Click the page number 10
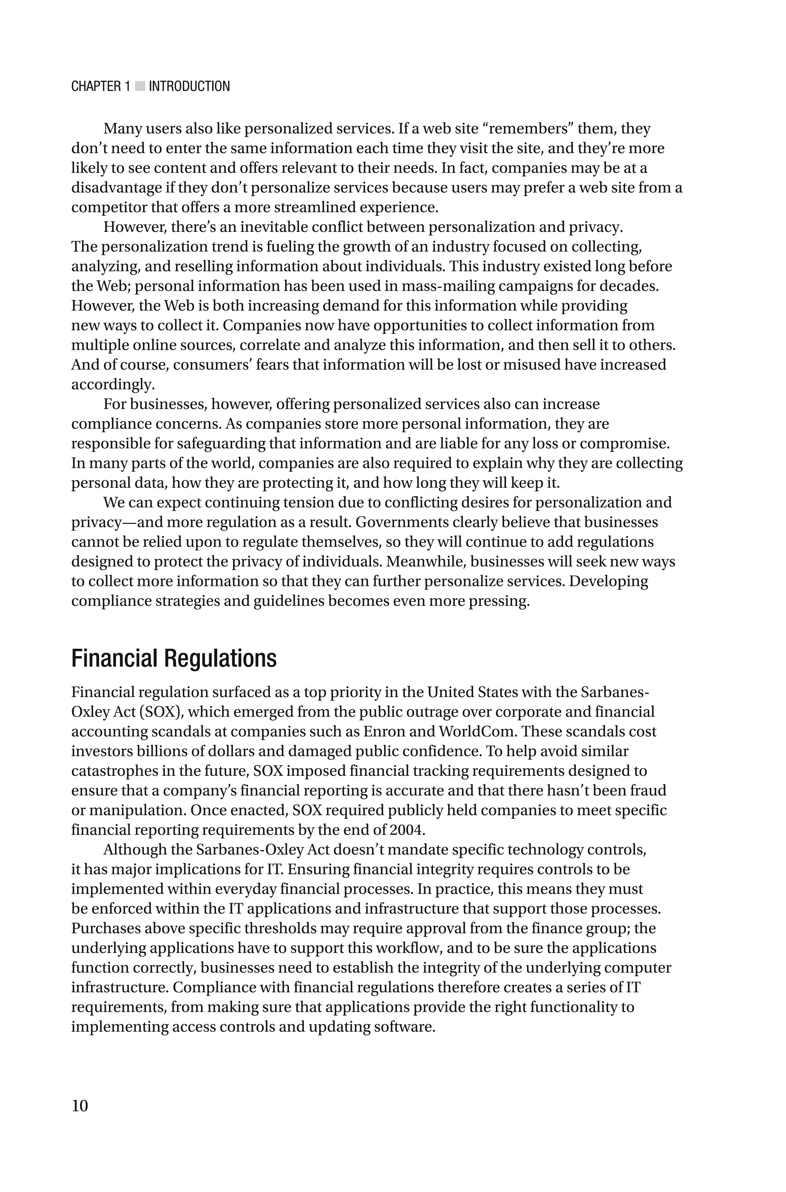tap(80, 1105)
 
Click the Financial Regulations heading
tap(173, 658)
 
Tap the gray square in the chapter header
tap(140, 86)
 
